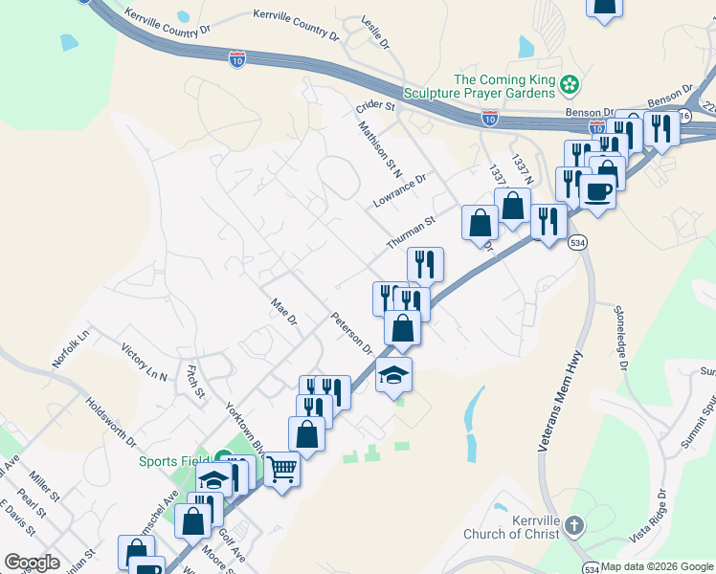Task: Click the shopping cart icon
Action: pyautogui.click(x=282, y=470)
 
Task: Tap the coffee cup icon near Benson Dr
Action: pyautogui.click(x=597, y=191)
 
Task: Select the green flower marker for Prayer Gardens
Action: pyautogui.click(x=570, y=85)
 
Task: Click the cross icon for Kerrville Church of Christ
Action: pyautogui.click(x=573, y=525)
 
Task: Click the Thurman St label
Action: pyautogui.click(x=411, y=232)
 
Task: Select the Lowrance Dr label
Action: pyautogui.click(x=399, y=191)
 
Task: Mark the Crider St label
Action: pyautogui.click(x=375, y=107)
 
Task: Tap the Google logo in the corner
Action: pyautogui.click(x=32, y=563)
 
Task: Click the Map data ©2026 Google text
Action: pyautogui.click(x=657, y=566)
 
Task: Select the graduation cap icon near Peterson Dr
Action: pyautogui.click(x=393, y=375)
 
